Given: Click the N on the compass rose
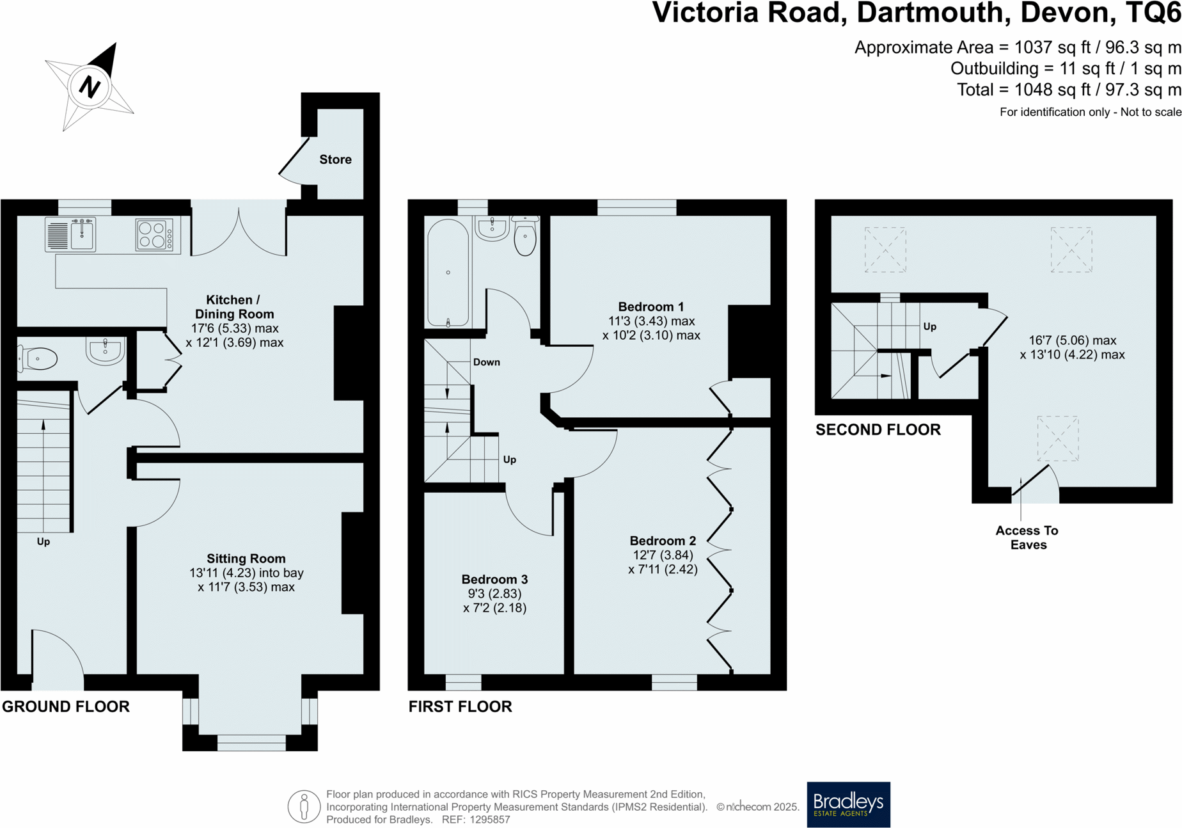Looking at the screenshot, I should (x=90, y=86).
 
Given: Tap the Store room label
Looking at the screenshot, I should (x=335, y=159).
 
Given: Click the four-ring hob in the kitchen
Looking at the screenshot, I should (x=154, y=235).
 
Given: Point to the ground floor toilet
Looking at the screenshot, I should (x=38, y=359).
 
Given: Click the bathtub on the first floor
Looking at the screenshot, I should (x=448, y=273).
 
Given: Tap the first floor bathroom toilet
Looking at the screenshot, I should (x=525, y=236).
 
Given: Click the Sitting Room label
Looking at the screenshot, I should (x=246, y=559).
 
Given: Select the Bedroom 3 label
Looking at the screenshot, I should (x=494, y=579).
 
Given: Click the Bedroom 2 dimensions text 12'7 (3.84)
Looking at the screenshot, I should (x=663, y=555).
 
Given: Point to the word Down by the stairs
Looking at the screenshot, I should (x=486, y=362).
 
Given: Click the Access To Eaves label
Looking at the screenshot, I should (x=1027, y=537).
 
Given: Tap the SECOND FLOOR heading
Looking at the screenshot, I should (x=878, y=429).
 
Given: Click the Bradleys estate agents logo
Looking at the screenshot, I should (x=848, y=804).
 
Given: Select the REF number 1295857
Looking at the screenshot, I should (x=489, y=820).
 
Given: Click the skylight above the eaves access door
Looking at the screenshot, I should (x=1057, y=438).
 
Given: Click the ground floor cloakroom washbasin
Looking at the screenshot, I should (x=105, y=351).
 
